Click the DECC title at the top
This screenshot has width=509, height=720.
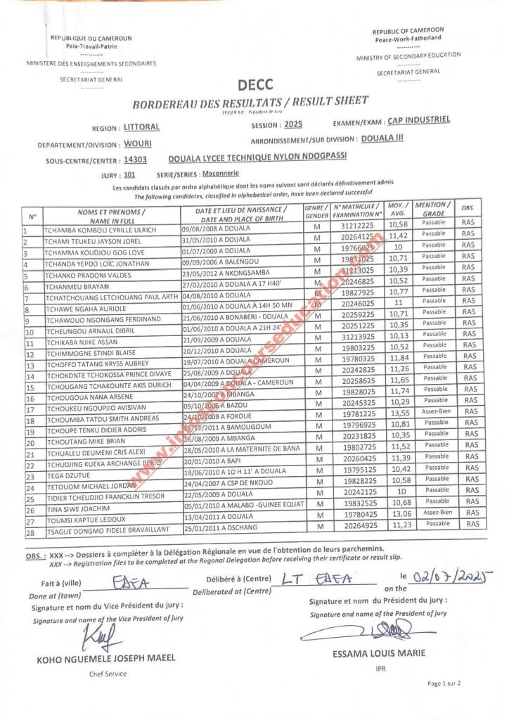click(250, 86)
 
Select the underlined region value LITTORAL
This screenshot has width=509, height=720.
click(141, 127)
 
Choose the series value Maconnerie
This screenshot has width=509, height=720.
click(220, 172)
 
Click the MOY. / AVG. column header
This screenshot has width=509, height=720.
click(397, 210)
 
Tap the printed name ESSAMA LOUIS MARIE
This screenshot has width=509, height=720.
click(379, 653)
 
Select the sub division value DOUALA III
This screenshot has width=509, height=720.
click(382, 139)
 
